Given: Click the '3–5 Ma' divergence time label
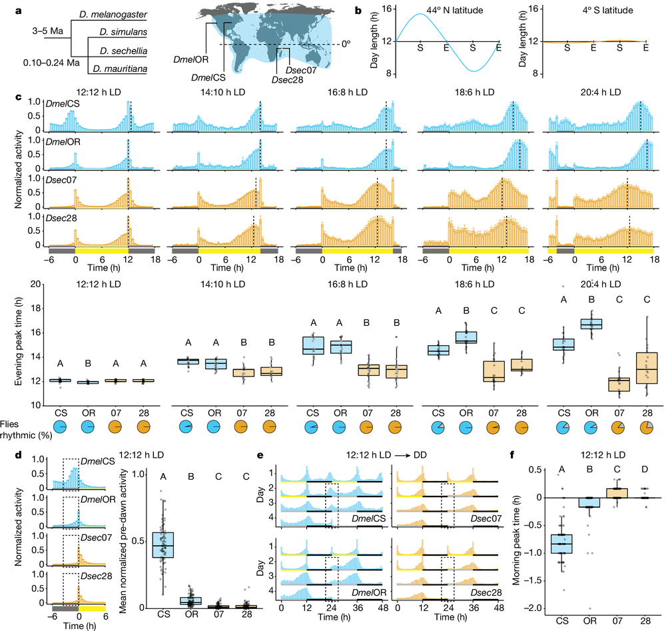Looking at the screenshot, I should click(35, 30).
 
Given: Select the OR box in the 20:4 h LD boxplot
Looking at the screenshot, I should click(590, 323).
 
